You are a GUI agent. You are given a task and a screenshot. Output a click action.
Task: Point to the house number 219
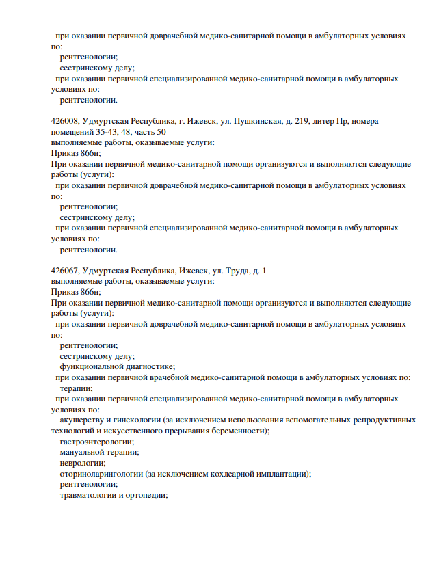coord(298,121)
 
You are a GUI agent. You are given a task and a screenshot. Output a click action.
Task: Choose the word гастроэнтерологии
coord(96,442)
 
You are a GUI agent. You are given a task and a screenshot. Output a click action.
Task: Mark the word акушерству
coord(82,420)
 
